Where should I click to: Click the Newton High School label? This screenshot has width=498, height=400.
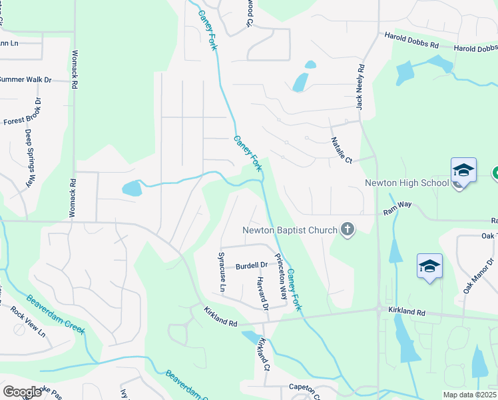pos(407,183)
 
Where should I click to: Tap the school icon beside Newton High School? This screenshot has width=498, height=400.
pos(463,170)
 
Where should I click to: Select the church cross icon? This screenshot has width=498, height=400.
pos(347,230)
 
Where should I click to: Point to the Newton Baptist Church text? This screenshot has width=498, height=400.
pos(290,231)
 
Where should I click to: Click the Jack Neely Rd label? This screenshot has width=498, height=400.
pos(360,87)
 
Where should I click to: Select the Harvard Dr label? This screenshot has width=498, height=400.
pos(260,294)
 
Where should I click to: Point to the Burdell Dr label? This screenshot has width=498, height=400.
pos(251,265)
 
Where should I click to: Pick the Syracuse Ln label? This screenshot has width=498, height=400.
pos(222,271)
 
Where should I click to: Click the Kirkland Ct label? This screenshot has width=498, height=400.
pos(264,354)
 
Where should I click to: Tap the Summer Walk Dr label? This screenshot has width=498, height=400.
pos(25,79)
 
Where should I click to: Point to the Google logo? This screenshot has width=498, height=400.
pos(22,392)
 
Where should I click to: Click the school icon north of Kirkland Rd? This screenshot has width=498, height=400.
pos(429,267)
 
